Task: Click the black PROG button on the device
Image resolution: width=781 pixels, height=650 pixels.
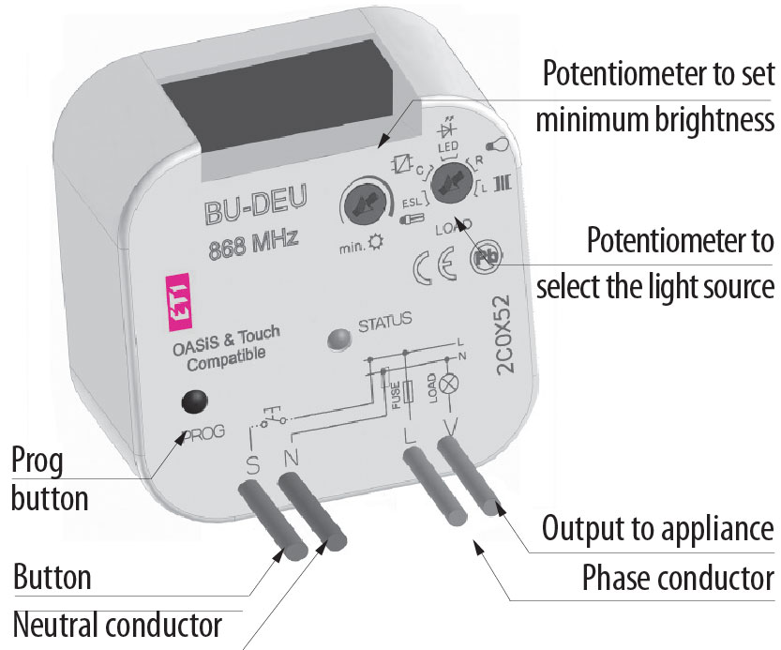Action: pyautogui.click(x=194, y=401)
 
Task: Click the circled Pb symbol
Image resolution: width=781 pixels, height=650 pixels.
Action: pyautogui.click(x=484, y=261)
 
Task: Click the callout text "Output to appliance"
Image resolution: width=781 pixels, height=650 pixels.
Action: pyautogui.click(x=658, y=528)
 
